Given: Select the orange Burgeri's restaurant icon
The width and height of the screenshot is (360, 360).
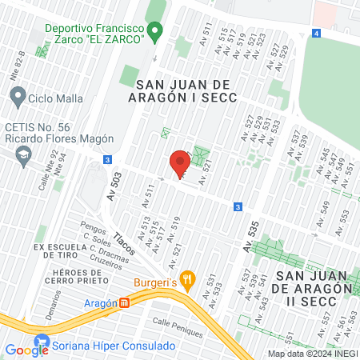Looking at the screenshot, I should [189, 279].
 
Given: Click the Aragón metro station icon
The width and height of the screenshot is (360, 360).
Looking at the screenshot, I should [125, 303].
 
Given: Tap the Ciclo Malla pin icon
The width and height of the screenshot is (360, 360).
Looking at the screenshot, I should [18, 98].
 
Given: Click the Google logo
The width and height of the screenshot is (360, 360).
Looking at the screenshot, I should [26, 350].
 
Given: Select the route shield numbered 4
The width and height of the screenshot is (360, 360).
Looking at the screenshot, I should [317, 34].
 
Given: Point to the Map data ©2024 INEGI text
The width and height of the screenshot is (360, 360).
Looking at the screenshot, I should [313, 354].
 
